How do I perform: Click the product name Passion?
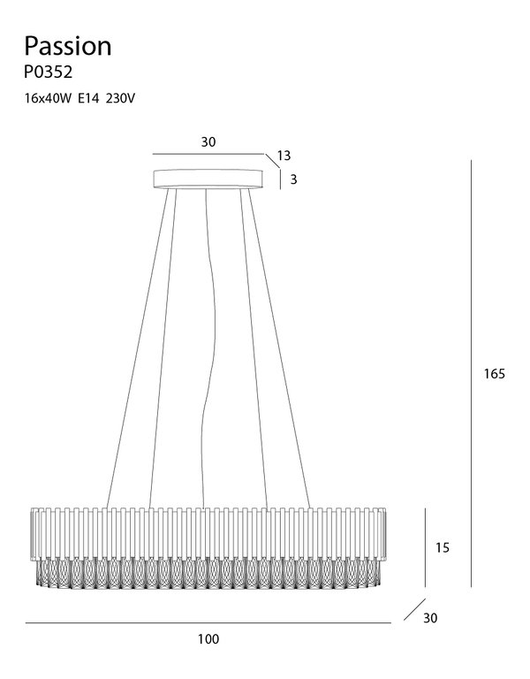[x=68, y=46]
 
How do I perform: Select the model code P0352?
[x=48, y=72]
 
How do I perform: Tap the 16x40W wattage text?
[x=48, y=99]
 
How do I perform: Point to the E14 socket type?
[x=88, y=99]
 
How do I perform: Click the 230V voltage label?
[x=120, y=99]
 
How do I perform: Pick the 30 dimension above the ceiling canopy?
[x=208, y=142]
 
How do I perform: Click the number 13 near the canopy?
[x=284, y=156]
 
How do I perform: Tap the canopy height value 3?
[x=293, y=179]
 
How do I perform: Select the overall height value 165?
[x=494, y=374]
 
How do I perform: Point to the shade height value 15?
[x=443, y=548]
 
